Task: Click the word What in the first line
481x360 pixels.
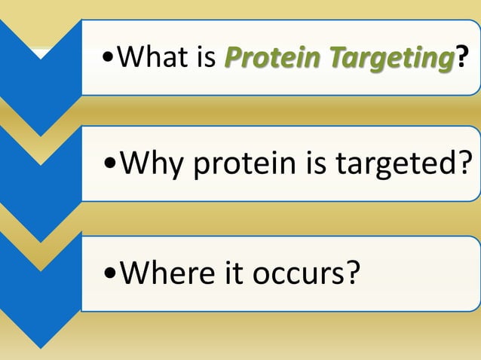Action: tap(154, 57)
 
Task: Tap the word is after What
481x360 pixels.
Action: tap(205, 57)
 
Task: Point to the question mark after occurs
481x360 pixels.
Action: tap(351, 274)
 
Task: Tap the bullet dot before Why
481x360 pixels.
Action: tap(111, 164)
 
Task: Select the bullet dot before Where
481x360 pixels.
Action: tap(111, 275)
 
